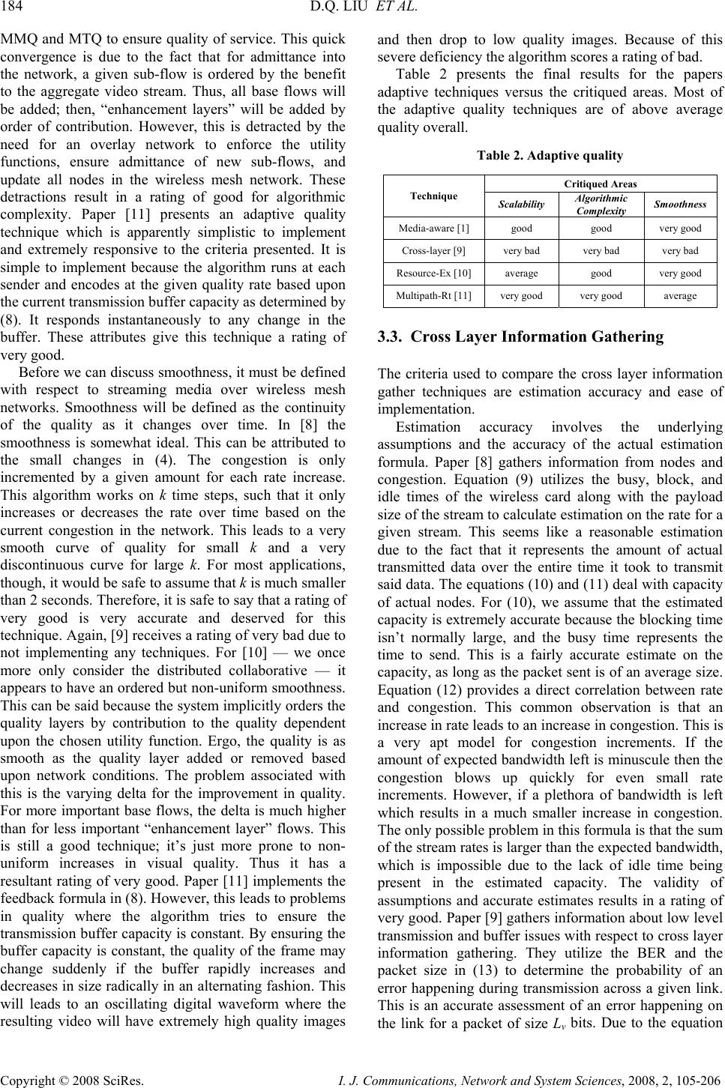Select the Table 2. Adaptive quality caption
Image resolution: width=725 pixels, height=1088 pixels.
click(x=550, y=156)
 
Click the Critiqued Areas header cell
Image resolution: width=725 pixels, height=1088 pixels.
click(x=601, y=184)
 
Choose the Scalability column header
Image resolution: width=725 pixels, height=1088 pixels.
click(x=521, y=204)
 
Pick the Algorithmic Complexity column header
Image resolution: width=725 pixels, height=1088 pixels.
click(x=601, y=204)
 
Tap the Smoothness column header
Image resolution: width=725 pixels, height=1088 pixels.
click(x=679, y=204)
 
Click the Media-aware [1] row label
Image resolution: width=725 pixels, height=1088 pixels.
click(x=434, y=227)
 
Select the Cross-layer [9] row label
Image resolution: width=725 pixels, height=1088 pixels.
click(x=434, y=250)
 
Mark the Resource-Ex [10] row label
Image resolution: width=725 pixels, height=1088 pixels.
click(x=434, y=273)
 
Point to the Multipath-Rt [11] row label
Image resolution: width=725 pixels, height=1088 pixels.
click(x=434, y=296)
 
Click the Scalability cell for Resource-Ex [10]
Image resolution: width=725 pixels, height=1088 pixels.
click(x=521, y=273)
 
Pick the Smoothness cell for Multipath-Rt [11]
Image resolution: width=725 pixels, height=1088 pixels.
click(x=679, y=296)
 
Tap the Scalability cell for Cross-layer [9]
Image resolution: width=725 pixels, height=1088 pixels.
click(x=521, y=250)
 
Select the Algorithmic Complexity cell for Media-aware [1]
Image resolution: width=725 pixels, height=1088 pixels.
click(x=601, y=227)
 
